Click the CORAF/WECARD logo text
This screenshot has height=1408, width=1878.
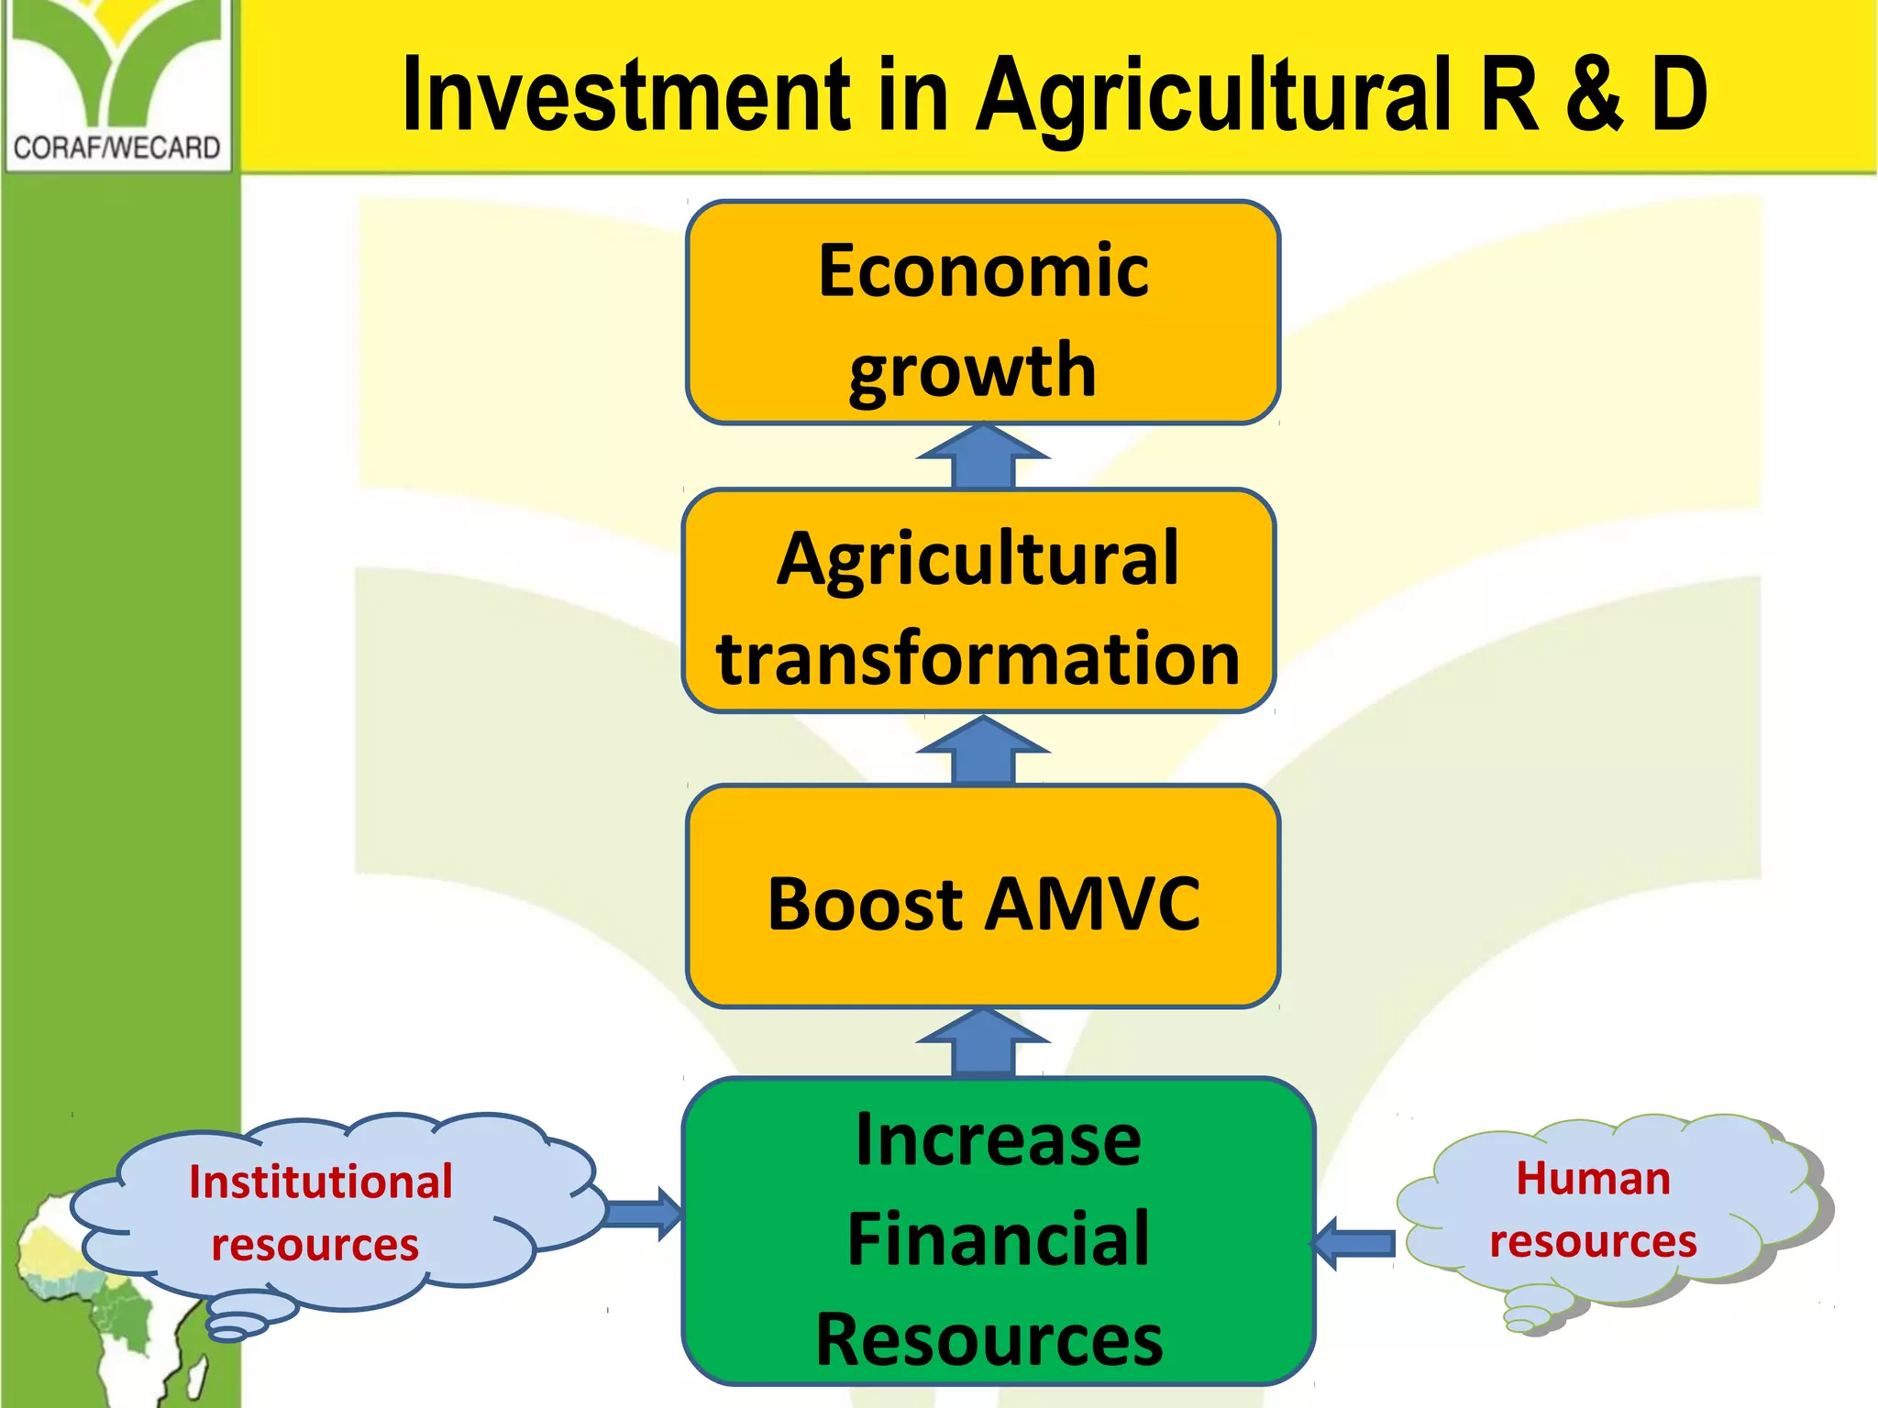pos(116,148)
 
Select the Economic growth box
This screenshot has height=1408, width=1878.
pos(982,313)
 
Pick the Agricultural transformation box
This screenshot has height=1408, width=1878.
pos(979,601)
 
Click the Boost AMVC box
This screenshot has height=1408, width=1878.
pos(982,896)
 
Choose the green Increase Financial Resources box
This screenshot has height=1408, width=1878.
pos(998,1232)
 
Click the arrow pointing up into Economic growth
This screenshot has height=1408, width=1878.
pos(983,456)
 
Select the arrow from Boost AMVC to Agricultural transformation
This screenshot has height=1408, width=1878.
pos(983,750)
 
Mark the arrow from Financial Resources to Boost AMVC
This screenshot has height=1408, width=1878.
pos(983,1042)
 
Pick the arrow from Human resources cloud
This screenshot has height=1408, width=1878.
pos(1354,1243)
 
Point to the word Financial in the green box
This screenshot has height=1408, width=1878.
pos(998,1239)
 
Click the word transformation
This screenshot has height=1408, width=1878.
pos(978,658)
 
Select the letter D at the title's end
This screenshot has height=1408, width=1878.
pos(1679,94)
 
